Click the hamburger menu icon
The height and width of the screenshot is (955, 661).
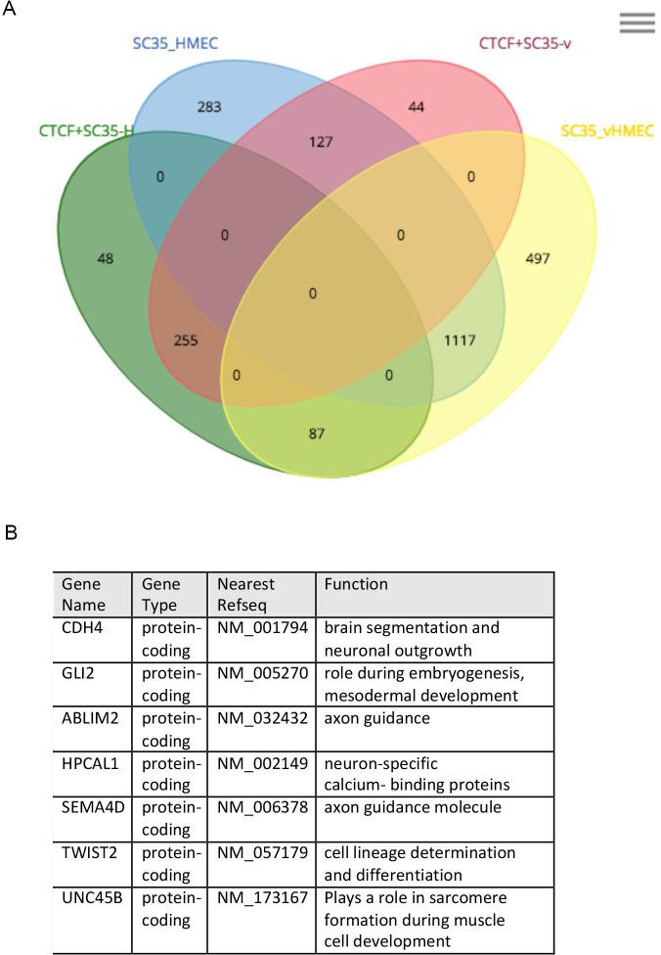pyautogui.click(x=637, y=23)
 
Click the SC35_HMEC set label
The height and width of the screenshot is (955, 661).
pyautogui.click(x=176, y=42)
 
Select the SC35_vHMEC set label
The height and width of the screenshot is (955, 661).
pyautogui.click(x=606, y=131)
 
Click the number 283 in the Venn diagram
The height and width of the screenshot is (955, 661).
pyautogui.click(x=207, y=106)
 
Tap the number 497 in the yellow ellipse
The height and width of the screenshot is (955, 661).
pyautogui.click(x=538, y=259)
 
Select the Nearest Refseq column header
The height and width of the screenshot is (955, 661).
pyautogui.click(x=242, y=594)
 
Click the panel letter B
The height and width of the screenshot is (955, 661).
pyautogui.click(x=12, y=534)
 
